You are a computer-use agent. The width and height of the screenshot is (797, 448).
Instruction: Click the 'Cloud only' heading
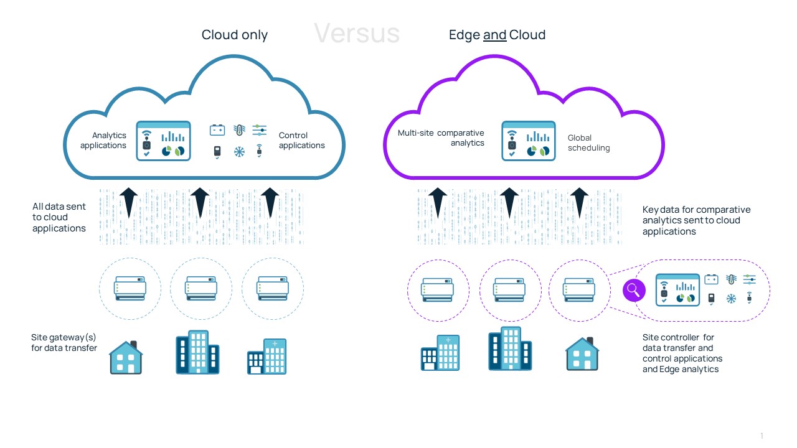coord(234,35)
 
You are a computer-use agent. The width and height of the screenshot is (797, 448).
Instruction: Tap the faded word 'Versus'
coord(356,32)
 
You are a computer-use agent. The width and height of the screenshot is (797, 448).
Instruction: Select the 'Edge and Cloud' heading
coord(497,35)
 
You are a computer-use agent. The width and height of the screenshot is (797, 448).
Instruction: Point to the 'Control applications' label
coord(302,140)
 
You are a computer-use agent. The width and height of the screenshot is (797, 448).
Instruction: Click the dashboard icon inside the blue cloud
coord(163,141)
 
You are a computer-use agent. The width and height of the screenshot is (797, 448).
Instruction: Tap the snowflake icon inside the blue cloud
coord(239,151)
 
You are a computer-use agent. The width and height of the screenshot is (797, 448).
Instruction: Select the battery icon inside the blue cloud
coord(217,130)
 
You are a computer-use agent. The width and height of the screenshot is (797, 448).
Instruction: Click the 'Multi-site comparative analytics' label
coord(441,138)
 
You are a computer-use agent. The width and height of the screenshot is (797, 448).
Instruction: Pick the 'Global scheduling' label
coord(588,142)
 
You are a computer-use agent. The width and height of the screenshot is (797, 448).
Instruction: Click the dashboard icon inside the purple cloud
coord(528,141)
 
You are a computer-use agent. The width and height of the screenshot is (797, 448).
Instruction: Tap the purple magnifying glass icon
coord(634,289)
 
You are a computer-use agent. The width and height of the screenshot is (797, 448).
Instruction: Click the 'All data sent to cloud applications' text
coord(59,217)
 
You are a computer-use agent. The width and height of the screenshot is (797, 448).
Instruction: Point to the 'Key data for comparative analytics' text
coord(696,220)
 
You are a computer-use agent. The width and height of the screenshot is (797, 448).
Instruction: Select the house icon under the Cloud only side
coord(126,357)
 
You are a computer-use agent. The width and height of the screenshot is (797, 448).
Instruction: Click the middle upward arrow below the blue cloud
coord(199,202)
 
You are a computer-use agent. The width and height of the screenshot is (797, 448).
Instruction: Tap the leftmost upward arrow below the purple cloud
coord(438,202)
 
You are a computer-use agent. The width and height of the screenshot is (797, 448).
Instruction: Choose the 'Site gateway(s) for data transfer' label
coord(64,342)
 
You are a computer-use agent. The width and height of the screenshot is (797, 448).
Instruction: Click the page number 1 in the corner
coord(761,436)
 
